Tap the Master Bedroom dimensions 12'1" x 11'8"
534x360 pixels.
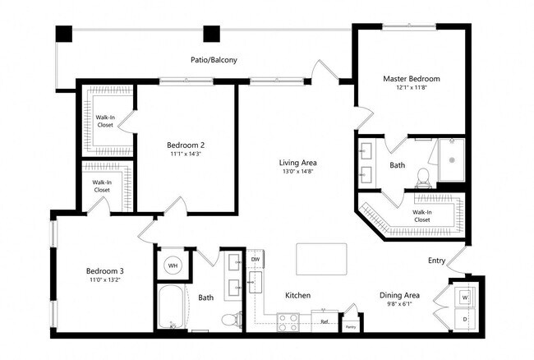(x=411, y=89)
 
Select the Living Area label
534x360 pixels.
(x=297, y=163)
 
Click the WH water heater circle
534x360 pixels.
(x=173, y=265)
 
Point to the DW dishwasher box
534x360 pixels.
(x=255, y=260)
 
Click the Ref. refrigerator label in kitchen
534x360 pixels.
(x=325, y=321)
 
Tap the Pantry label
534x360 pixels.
(x=350, y=326)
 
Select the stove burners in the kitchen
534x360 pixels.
(x=288, y=321)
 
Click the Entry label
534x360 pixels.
(x=437, y=261)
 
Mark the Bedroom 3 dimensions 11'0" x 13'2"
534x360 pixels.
(x=104, y=280)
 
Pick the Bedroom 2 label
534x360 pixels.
(x=186, y=145)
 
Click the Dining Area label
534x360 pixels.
(x=399, y=295)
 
